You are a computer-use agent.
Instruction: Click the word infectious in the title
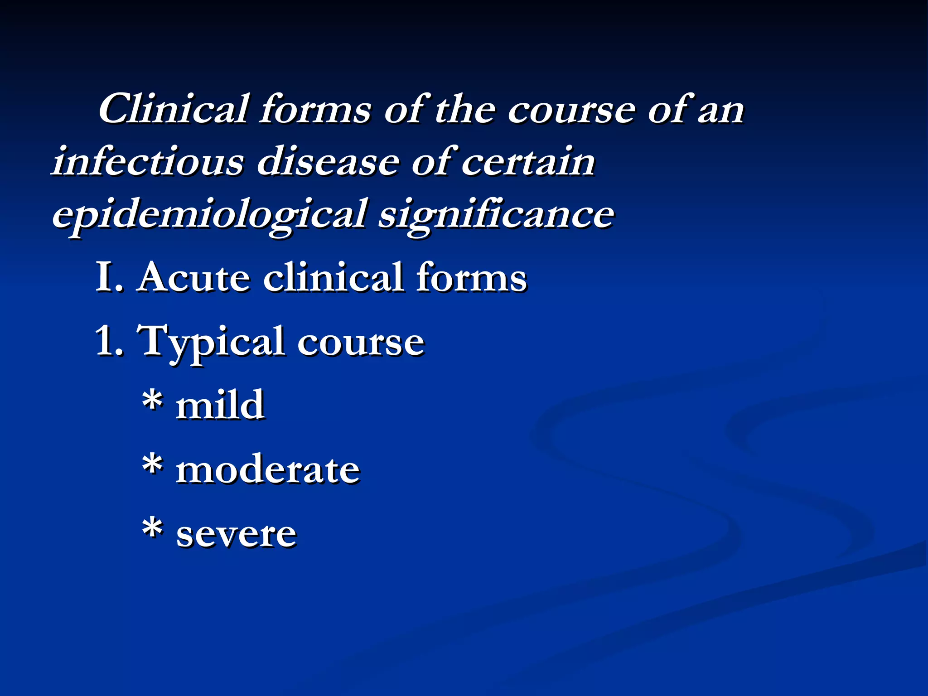coord(148,161)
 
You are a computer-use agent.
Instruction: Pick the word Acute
coord(194,277)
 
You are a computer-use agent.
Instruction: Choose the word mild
coord(220,405)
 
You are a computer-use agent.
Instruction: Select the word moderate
coord(268,470)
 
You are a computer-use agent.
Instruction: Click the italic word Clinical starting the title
coord(174,110)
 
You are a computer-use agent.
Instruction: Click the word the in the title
coord(464,110)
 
